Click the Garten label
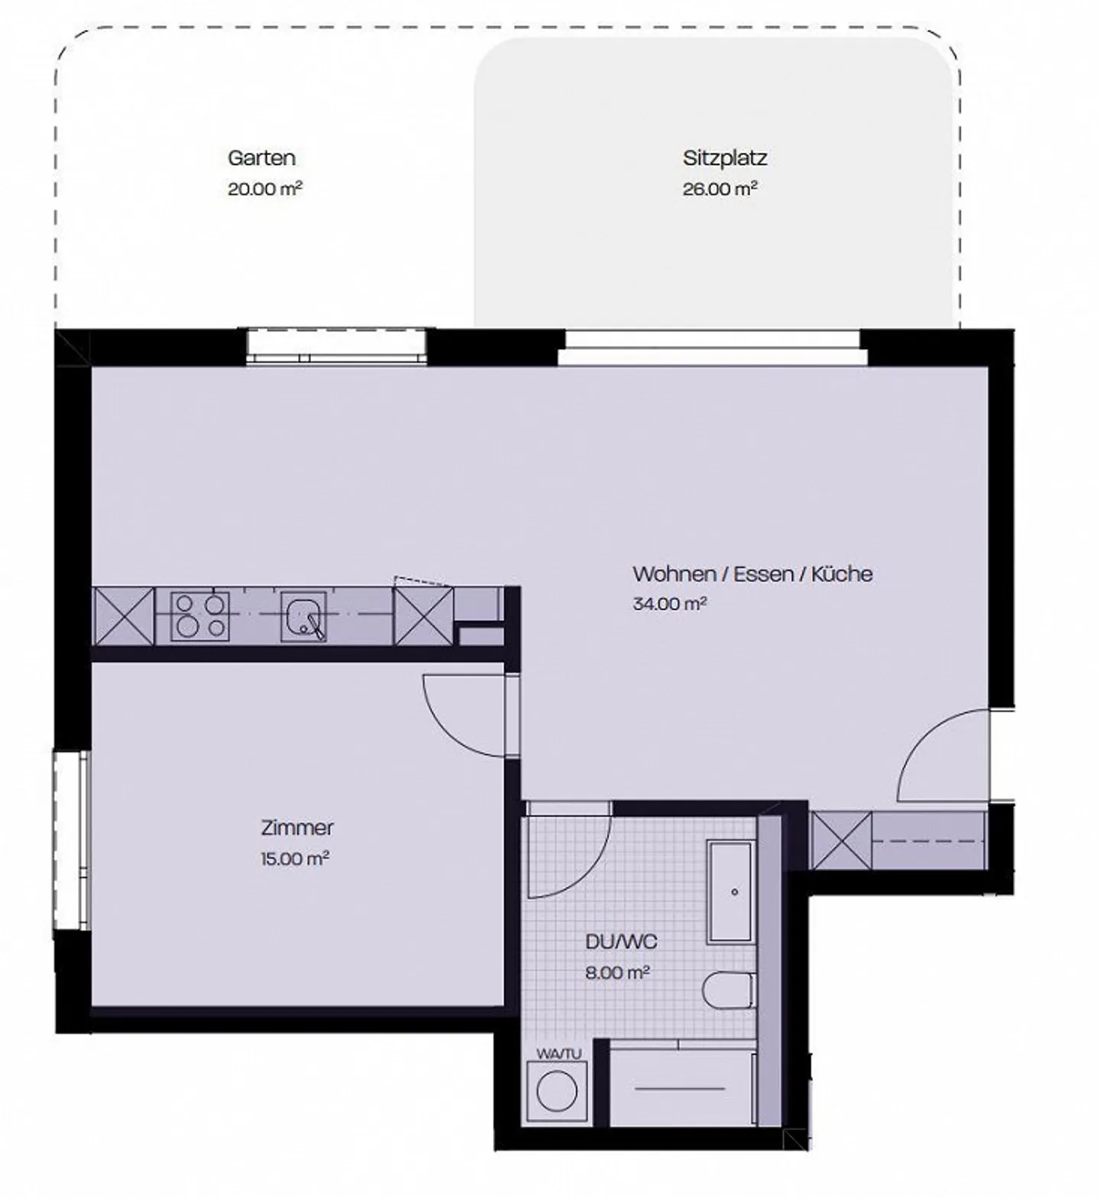[261, 158]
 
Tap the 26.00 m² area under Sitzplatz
[719, 189]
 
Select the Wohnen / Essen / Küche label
[752, 573]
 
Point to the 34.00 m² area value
[669, 604]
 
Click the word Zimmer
[297, 828]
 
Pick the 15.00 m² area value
[294, 858]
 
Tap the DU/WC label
[620, 941]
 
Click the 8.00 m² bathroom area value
[617, 973]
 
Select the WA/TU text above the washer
[558, 1054]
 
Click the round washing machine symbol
[557, 1092]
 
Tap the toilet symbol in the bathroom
[727, 991]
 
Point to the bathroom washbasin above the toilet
[731, 890]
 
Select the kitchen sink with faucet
[303, 616]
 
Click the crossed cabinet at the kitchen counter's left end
[123, 615]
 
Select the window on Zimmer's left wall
[71, 840]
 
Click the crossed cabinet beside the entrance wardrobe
[841, 841]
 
